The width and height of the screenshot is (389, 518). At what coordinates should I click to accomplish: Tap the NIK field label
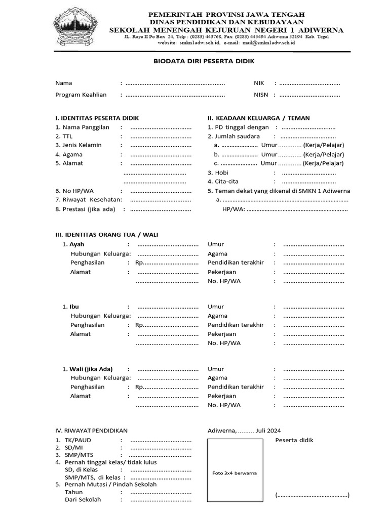[x=259, y=83]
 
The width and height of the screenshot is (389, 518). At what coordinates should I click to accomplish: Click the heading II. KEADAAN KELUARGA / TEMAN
[x=258, y=118]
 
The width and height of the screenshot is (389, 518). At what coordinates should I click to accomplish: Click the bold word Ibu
[x=74, y=307]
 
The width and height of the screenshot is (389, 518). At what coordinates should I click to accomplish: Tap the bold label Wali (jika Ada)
[x=91, y=369]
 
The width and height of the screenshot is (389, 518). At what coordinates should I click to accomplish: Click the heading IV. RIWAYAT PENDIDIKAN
[x=91, y=430]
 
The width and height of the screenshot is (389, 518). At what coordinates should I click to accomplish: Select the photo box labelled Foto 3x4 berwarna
[x=235, y=472]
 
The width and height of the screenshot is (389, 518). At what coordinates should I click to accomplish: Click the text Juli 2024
[x=268, y=430]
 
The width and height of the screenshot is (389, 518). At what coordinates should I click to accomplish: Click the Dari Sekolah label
[x=83, y=500]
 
